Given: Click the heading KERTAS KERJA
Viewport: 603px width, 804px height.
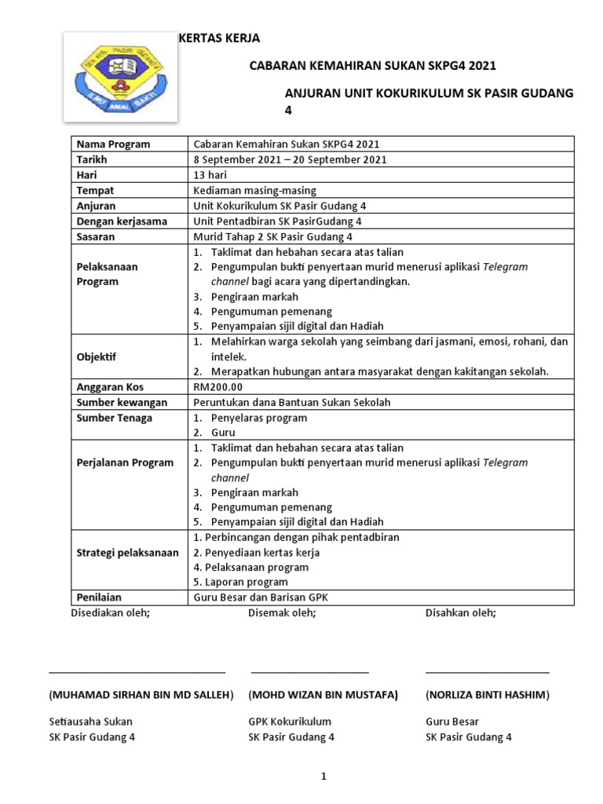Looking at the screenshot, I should [x=220, y=38].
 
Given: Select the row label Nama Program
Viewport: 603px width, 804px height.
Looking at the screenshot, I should [x=113, y=144].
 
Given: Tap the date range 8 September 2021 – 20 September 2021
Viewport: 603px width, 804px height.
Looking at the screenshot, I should [x=290, y=159].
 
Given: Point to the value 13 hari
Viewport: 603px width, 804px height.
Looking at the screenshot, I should [x=210, y=175].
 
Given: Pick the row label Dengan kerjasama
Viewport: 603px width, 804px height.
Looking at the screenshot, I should [x=122, y=221].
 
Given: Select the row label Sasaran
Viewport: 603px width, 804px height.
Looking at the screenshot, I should [x=96, y=236].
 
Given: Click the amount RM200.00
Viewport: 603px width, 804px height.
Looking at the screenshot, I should [x=218, y=387].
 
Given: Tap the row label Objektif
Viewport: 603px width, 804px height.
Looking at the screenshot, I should [x=96, y=356].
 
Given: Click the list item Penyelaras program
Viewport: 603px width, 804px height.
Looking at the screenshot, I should [x=259, y=418].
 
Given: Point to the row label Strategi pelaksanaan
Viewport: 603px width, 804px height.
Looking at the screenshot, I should [x=127, y=553].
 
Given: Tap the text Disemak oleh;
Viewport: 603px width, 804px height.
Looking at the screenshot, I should [x=282, y=612].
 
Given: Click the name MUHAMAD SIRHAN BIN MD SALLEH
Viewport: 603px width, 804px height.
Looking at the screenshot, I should [x=141, y=695].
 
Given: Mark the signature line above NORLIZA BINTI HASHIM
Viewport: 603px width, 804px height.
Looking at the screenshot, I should [x=488, y=673].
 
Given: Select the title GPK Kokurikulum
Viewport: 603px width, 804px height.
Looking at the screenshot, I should [x=290, y=722].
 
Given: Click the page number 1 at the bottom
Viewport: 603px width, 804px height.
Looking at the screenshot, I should [x=322, y=777].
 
